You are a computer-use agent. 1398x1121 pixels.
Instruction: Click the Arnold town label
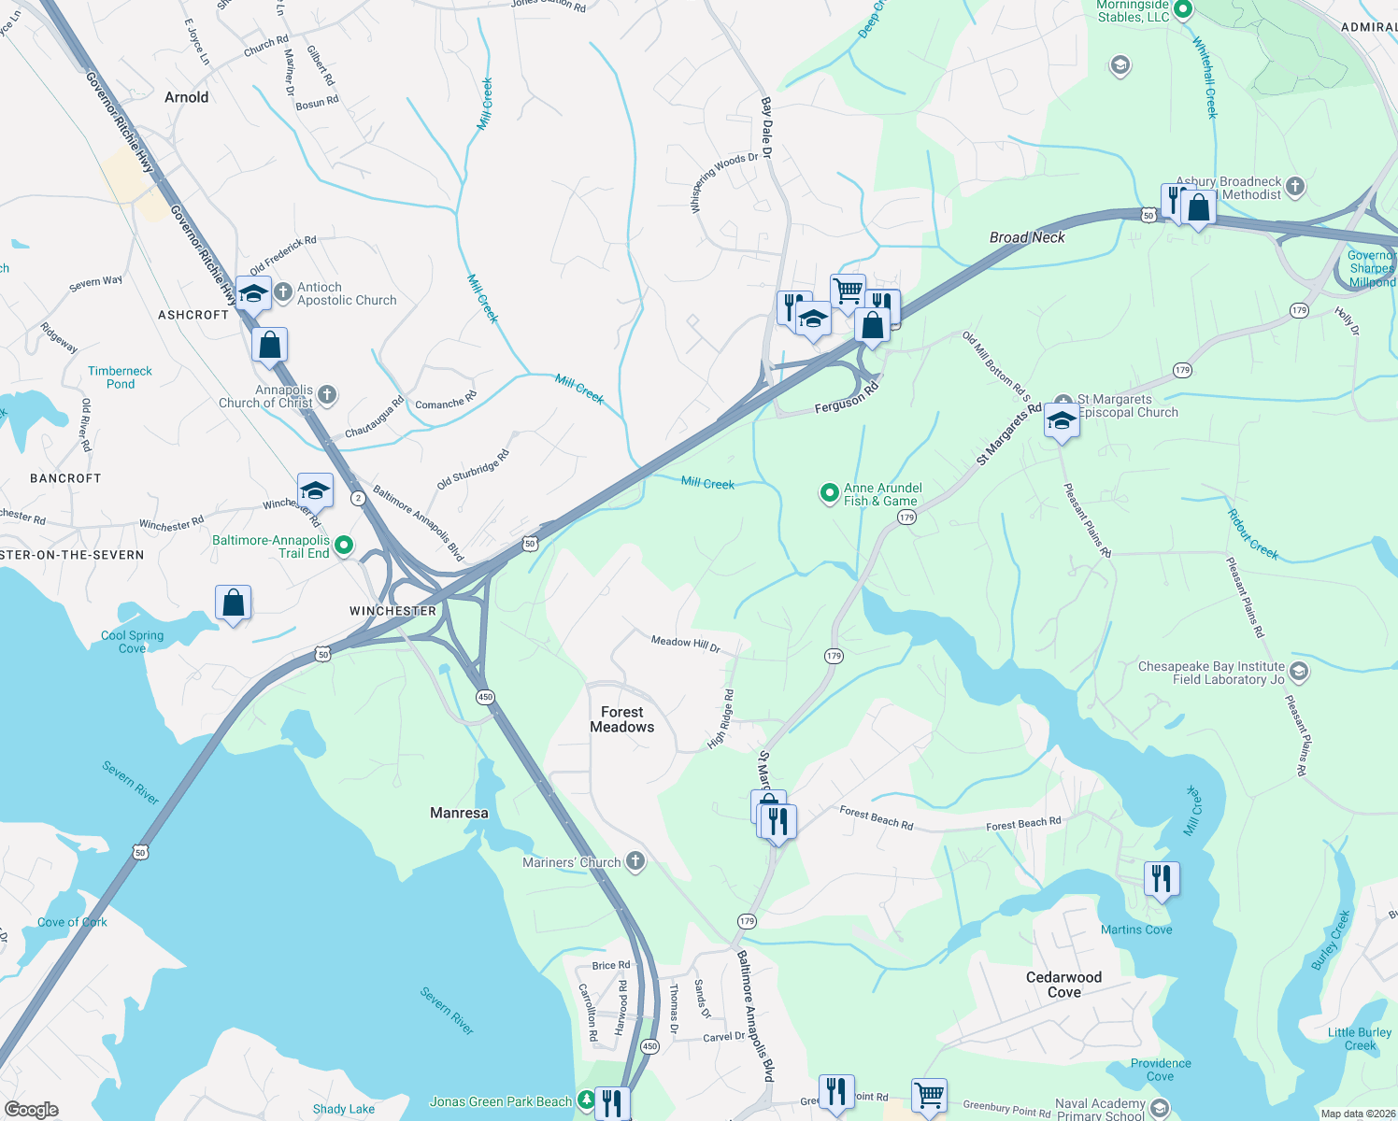click(187, 97)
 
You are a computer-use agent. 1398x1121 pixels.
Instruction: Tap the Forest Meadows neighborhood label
click(622, 719)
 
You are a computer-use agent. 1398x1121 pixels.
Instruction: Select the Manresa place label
click(459, 813)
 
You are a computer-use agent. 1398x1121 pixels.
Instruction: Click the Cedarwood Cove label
click(1063, 985)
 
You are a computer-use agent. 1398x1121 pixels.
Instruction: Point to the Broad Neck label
click(1027, 237)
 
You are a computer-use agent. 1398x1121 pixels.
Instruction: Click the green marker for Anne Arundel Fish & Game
click(829, 492)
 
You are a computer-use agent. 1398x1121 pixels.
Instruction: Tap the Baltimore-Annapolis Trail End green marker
click(344, 545)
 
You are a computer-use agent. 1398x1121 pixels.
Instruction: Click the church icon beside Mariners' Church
click(635, 861)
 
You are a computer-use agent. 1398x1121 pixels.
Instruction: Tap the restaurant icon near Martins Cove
click(1162, 878)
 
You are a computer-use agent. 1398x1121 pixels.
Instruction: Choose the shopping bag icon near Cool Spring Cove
click(234, 603)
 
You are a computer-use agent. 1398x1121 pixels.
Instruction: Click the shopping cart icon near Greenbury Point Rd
click(929, 1094)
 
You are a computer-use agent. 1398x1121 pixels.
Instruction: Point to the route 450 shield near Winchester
click(484, 697)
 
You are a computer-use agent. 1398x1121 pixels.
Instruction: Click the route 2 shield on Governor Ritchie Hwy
click(358, 498)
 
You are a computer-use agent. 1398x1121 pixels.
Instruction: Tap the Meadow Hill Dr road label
click(686, 643)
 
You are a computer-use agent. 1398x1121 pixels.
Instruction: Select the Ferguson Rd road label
click(846, 397)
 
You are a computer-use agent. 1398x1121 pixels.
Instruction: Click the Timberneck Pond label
click(120, 377)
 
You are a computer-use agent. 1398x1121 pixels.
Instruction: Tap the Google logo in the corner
click(32, 1110)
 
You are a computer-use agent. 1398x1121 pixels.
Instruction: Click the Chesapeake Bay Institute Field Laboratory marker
click(1298, 671)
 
